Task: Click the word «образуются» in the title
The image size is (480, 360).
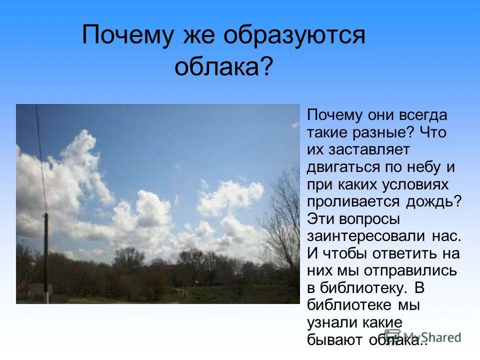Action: [x=295, y=37]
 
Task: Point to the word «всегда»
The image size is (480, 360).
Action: [x=422, y=115]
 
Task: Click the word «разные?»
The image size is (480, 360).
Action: [x=378, y=133]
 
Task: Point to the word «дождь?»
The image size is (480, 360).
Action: [x=435, y=202]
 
